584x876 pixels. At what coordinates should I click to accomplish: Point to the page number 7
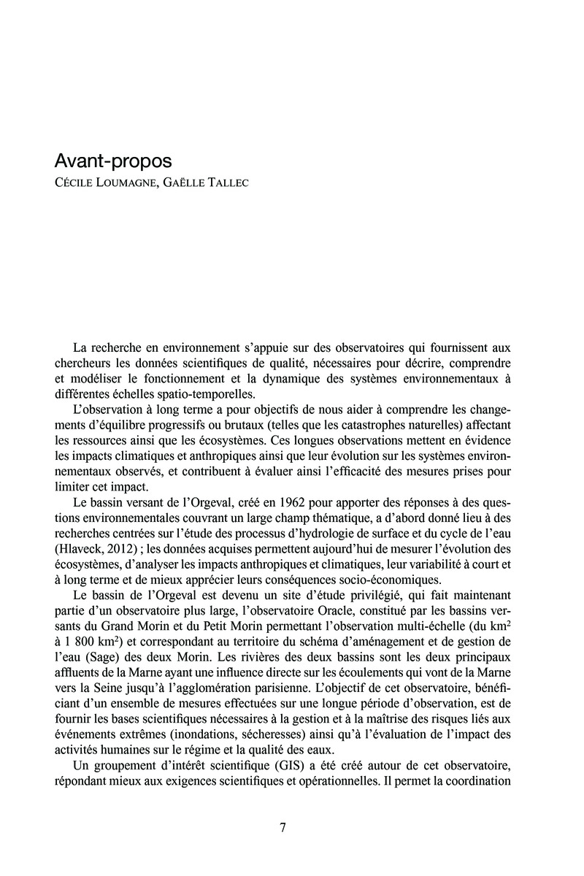283,827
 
